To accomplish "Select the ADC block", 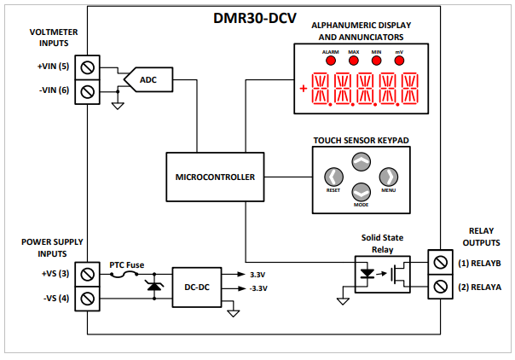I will (x=148, y=81).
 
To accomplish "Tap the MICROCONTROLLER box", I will (x=215, y=177).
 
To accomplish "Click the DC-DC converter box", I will (x=197, y=287).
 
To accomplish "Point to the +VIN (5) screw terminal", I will (x=86, y=66).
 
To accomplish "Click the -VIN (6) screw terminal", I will (x=86, y=90).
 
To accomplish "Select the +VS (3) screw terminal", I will (x=86, y=274).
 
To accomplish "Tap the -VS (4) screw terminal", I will (x=86, y=299).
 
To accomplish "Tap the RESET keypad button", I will (x=333, y=177).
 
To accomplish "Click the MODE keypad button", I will (x=362, y=193).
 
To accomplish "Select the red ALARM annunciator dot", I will (x=330, y=61).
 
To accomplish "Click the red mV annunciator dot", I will (x=399, y=61).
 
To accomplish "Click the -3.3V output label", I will (x=258, y=289).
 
